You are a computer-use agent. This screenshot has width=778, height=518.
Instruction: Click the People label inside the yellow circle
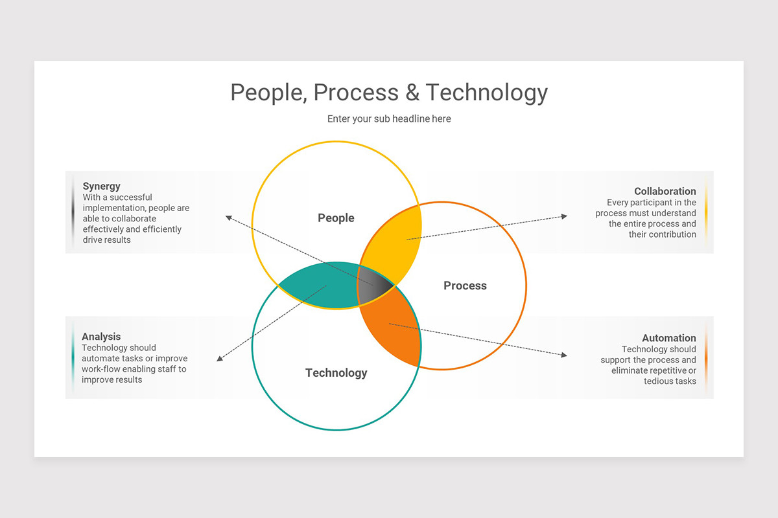click(x=336, y=218)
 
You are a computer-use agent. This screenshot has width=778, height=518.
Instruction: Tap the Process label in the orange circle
click(x=465, y=286)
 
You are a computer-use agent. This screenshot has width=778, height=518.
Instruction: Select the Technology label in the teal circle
click(x=336, y=373)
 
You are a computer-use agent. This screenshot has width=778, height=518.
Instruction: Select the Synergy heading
click(x=102, y=186)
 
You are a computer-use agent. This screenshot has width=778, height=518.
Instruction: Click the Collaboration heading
click(x=665, y=191)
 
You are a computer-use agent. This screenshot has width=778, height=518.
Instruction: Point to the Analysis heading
click(x=101, y=337)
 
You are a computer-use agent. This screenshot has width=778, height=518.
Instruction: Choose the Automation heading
click(x=668, y=338)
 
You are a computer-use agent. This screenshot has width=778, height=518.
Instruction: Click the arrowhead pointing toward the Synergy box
click(x=228, y=218)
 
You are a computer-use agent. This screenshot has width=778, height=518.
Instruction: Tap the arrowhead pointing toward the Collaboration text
click(x=564, y=216)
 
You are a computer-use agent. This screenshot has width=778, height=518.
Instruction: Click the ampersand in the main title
click(x=412, y=93)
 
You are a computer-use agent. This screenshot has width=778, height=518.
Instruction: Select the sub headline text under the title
click(x=389, y=119)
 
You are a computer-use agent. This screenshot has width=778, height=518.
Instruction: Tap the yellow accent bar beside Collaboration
click(x=705, y=212)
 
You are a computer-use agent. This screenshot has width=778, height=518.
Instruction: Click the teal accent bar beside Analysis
click(x=73, y=357)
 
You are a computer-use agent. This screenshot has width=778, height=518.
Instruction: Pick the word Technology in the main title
click(x=486, y=93)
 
